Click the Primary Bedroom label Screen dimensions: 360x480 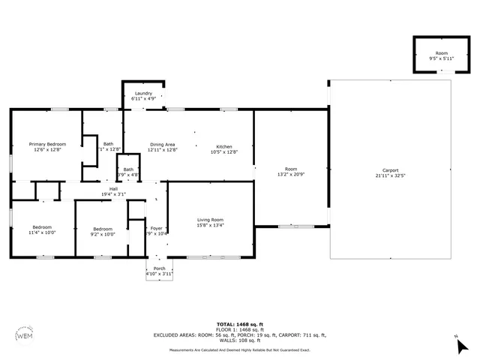click(47, 144)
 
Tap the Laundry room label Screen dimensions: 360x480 click(143, 93)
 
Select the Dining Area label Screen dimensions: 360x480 click(162, 144)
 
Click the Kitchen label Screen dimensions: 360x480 click(224, 146)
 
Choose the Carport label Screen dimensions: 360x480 click(390, 170)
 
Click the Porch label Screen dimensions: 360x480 click(159, 268)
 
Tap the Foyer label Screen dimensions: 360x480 click(157, 228)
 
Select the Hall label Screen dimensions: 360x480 click(113, 189)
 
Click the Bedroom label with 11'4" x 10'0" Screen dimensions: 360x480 click(43, 227)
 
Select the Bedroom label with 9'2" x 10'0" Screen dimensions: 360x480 click(103, 229)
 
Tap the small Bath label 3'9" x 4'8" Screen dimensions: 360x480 click(128, 169)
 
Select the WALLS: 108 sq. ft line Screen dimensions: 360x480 click(239, 340)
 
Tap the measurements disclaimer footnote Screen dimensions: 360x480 click(239, 350)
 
